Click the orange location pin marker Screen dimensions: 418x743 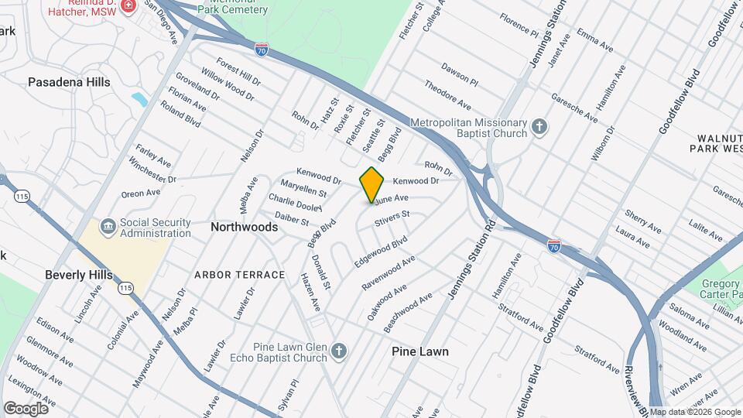pos(371,184)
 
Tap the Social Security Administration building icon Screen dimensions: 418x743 pos(108,226)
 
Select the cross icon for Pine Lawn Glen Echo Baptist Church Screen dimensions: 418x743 pos(338,352)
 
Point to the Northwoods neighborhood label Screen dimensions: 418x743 pos(244,228)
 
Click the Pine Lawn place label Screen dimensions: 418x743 pos(419,351)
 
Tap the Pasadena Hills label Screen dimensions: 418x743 pos(69,82)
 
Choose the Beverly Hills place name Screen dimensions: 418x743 pos(78,275)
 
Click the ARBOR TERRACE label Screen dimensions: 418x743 pos(239,275)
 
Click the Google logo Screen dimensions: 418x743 pos(26,408)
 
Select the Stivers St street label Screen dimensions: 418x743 pos(392,219)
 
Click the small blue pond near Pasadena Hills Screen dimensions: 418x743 pos(139,99)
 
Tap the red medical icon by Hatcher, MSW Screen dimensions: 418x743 pos(128,5)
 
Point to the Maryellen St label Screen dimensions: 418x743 pos(303,189)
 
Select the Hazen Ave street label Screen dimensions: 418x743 pos(310,292)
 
